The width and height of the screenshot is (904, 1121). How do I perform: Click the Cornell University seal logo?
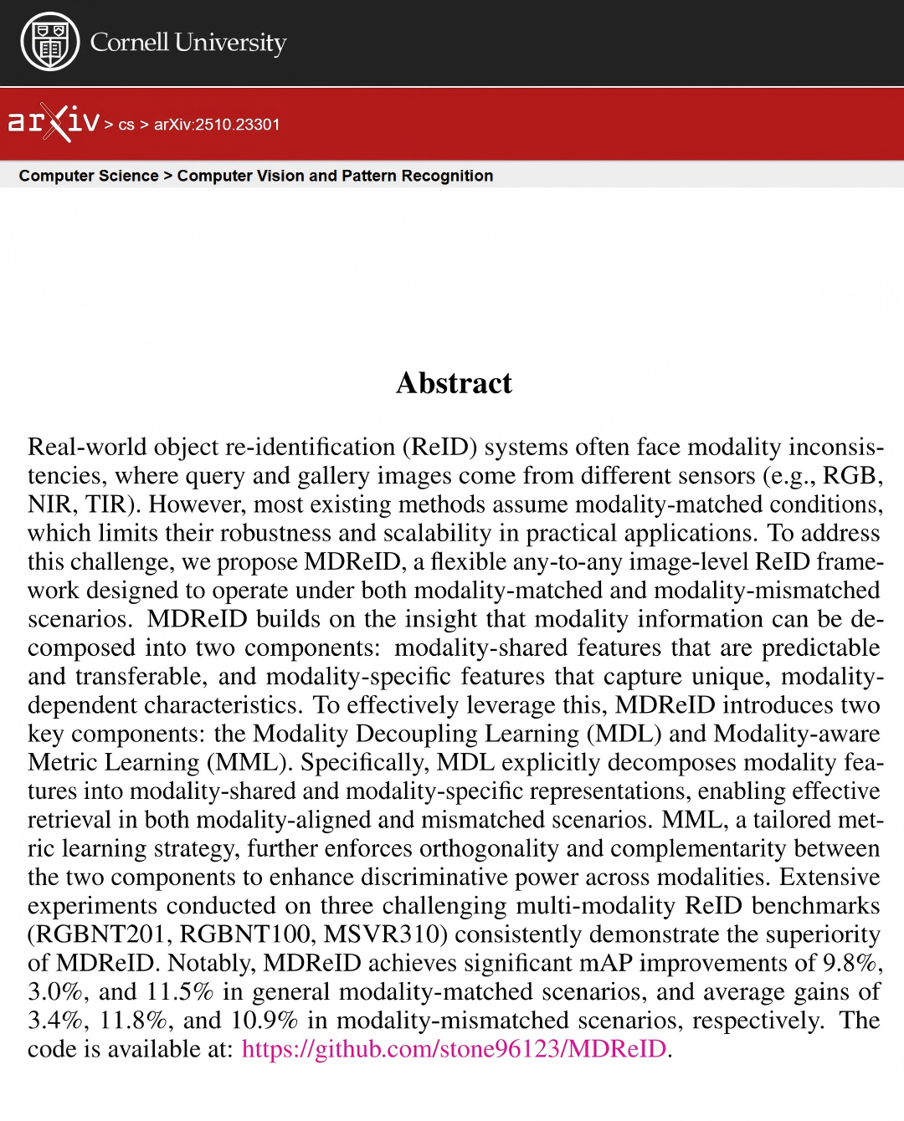(49, 42)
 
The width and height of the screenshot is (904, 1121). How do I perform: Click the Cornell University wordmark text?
(188, 42)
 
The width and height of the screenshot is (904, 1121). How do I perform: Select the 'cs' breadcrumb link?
(126, 125)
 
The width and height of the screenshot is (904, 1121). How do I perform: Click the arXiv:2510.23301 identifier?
(217, 125)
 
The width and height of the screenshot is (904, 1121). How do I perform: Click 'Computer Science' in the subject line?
(89, 176)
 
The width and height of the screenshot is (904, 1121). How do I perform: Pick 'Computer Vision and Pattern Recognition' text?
(335, 176)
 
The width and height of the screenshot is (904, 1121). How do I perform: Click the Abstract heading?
(454, 383)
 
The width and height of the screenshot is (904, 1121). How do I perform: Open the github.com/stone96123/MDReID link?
(455, 1049)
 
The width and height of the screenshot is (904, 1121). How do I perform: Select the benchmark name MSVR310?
(382, 934)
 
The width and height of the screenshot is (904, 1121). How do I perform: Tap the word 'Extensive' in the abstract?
(830, 877)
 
